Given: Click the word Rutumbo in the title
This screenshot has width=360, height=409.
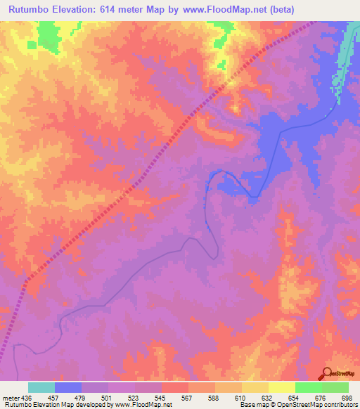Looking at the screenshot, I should (x=32, y=9).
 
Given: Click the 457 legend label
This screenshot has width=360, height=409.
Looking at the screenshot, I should (x=55, y=397).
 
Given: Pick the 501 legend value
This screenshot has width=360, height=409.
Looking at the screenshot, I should (x=108, y=397).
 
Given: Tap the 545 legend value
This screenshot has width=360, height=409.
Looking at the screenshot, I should (x=162, y=397).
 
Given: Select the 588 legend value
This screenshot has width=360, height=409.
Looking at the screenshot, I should (x=215, y=397).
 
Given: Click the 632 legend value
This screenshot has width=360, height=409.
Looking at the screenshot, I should (x=269, y=397).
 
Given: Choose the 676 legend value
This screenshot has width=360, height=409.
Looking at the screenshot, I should (x=322, y=397).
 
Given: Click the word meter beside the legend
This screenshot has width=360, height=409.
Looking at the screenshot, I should (x=11, y=397).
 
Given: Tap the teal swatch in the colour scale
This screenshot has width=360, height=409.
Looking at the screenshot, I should (x=41, y=387).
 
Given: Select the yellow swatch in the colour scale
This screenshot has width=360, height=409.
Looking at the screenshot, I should (x=282, y=387).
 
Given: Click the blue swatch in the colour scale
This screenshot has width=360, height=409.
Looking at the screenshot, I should (x=68, y=387).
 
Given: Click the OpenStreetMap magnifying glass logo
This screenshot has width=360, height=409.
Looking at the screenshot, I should (x=327, y=373).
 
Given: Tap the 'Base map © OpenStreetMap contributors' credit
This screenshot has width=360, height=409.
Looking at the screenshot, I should (x=298, y=405).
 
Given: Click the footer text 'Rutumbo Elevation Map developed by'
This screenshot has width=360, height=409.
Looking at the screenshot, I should (x=56, y=405).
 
